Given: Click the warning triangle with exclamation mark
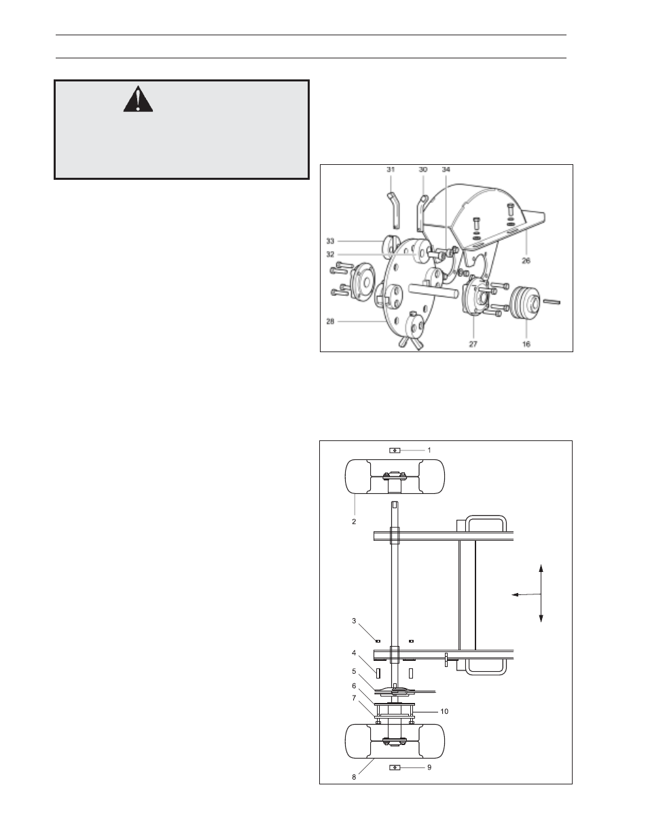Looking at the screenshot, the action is [138, 100].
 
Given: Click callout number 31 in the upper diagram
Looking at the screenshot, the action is [391, 170].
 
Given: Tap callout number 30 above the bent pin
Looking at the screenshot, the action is [423, 170].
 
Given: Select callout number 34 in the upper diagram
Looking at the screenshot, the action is [446, 170].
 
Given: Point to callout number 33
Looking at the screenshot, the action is [330, 241].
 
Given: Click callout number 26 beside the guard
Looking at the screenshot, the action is [526, 261].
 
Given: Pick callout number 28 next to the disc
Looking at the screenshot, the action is [330, 321].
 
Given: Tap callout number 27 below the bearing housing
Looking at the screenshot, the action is [473, 344].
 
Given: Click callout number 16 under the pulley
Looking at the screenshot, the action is [526, 344].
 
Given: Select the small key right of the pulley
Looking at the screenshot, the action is [552, 301].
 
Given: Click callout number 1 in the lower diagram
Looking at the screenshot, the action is [429, 450].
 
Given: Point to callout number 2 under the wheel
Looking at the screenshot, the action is [354, 521].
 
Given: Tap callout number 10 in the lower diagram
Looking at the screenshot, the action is [444, 712].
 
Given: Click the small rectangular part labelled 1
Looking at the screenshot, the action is [395, 451].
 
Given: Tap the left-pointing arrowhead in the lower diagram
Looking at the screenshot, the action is [515, 595].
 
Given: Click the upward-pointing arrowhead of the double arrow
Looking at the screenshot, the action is [541, 568].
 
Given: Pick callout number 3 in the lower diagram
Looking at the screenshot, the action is [354, 621].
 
